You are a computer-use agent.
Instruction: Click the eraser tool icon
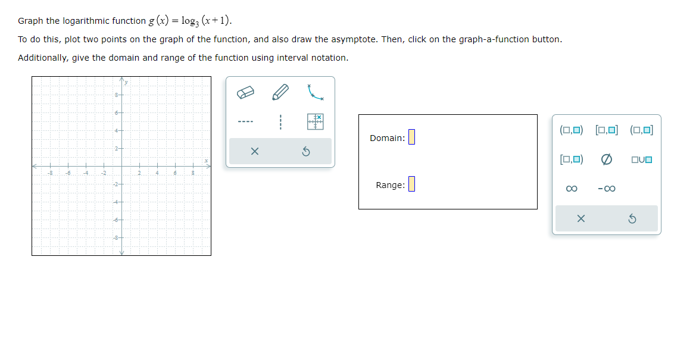246,93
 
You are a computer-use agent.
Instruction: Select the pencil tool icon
280,93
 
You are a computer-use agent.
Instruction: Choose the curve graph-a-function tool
316,92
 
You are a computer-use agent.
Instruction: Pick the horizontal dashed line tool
246,123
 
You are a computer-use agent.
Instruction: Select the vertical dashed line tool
280,123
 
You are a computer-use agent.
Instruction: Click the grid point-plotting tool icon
316,121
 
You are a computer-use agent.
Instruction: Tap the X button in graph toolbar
255,152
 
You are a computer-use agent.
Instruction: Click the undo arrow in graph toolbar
305,152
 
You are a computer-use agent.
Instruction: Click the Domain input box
411,137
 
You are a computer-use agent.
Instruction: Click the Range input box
411,184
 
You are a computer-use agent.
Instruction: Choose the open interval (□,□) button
572,130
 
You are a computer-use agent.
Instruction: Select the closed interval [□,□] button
607,130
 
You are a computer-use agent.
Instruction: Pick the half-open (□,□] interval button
641,130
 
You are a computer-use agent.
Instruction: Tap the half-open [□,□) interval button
572,159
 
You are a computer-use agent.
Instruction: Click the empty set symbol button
607,159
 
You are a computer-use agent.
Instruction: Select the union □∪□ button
642,159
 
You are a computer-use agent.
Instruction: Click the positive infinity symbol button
572,189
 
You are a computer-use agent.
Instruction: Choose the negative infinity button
607,189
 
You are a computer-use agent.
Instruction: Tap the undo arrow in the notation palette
632,219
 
